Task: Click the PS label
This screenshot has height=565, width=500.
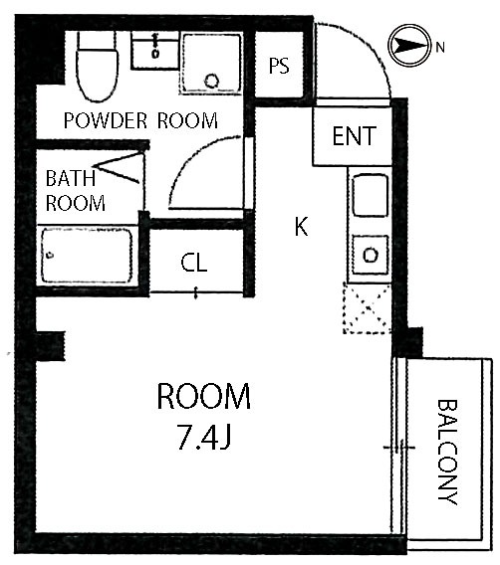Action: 279,66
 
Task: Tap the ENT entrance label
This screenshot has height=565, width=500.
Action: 354,136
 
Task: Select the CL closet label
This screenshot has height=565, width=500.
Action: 193,263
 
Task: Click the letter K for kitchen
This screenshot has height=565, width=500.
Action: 301,227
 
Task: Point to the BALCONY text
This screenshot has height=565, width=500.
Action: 447,452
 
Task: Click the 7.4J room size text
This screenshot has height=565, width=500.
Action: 204,437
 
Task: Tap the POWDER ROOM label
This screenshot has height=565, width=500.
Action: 140,120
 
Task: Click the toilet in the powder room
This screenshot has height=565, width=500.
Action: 98,66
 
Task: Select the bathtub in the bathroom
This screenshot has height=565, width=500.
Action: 87,255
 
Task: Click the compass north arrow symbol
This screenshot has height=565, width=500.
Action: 409,46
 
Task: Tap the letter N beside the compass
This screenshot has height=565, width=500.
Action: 440,47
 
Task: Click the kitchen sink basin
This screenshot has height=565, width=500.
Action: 370,195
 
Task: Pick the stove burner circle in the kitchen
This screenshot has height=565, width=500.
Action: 371,255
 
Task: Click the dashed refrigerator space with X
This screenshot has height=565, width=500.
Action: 367,308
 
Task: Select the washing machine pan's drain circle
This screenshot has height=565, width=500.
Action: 212,80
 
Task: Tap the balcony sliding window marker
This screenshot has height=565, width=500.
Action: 399,448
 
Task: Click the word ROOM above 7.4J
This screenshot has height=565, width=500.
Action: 204,396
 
